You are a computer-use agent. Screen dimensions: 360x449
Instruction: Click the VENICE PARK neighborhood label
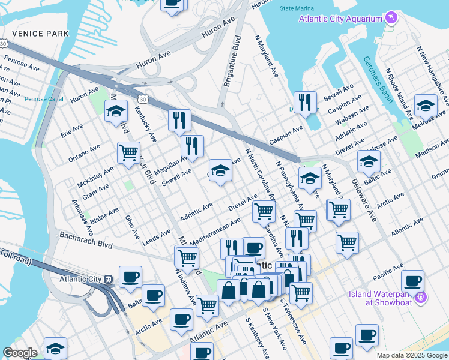(35, 33)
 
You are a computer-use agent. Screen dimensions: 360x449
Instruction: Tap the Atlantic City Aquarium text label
(342, 19)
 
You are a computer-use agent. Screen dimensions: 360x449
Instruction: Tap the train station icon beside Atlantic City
(109, 279)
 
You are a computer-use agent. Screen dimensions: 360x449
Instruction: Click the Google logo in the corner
(20, 353)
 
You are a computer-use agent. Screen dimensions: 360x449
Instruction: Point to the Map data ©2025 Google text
(411, 355)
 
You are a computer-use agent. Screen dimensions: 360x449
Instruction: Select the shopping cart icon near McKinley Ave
(128, 154)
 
